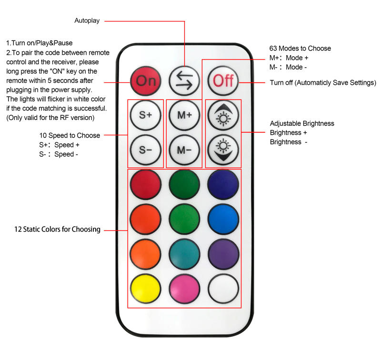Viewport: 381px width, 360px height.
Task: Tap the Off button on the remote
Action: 222,80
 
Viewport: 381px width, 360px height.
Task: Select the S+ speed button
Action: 145,115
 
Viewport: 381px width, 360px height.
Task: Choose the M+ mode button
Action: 184,115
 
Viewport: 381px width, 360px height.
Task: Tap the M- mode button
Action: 184,150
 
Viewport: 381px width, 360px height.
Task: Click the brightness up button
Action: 222,115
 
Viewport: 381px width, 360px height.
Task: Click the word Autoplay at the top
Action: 87,21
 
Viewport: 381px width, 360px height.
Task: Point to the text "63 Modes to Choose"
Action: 300,49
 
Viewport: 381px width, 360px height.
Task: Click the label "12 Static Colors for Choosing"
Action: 57,230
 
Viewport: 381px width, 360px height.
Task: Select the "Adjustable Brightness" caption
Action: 302,124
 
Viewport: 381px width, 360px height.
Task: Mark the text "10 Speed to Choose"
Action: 70,136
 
